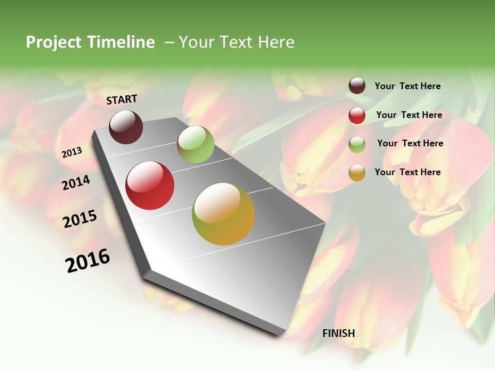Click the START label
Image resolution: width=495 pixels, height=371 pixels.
tap(122, 99)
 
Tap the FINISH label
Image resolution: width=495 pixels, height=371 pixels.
tap(338, 333)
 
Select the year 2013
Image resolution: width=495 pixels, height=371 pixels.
tap(72, 152)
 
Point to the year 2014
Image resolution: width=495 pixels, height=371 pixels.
tap(76, 182)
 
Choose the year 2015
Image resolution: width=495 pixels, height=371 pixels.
tap(79, 219)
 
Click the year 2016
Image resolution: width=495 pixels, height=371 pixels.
tap(88, 261)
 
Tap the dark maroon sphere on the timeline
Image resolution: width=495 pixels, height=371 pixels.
tap(126, 127)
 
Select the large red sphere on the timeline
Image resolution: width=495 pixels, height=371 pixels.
tap(150, 185)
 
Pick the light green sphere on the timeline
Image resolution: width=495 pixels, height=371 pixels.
tap(195, 144)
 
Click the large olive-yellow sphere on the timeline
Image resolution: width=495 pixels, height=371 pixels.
tap(223, 214)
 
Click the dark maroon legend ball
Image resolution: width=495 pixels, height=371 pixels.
tap(357, 86)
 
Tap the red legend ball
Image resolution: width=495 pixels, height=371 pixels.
tap(357, 115)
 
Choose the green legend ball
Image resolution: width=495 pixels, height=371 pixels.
tap(357, 144)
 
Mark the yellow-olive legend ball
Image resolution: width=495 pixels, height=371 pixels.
tap(357, 173)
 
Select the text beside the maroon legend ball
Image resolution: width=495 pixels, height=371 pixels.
tap(407, 87)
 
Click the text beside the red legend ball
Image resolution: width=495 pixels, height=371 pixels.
tap(409, 115)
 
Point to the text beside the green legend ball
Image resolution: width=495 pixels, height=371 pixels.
tap(410, 143)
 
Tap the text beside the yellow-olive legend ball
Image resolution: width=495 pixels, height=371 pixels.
tap(407, 172)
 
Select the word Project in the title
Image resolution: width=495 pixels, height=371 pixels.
tap(54, 42)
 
